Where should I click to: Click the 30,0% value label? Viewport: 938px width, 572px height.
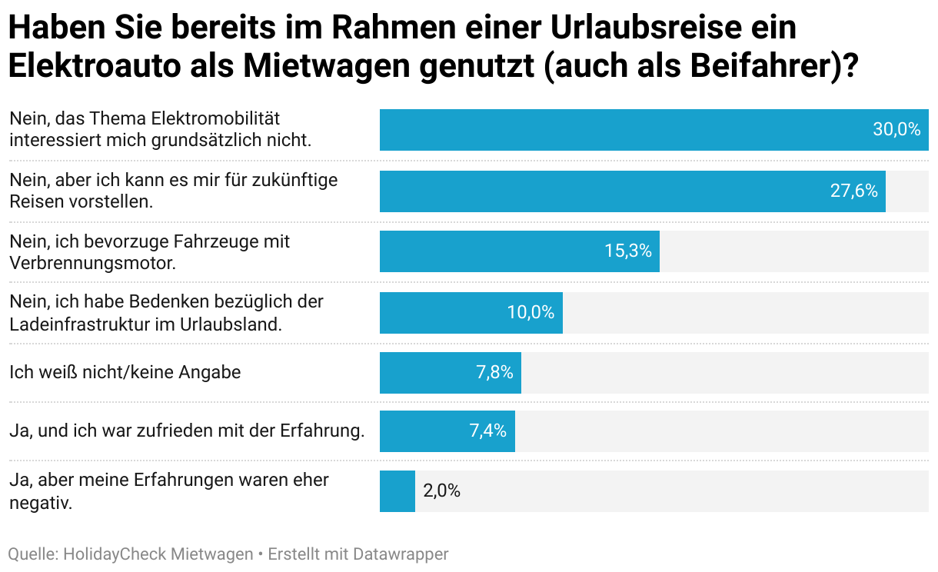[896, 129]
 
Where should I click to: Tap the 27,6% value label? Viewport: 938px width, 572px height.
[854, 191]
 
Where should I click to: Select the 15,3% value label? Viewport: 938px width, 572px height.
[628, 251]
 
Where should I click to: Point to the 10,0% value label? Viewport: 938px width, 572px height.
[531, 312]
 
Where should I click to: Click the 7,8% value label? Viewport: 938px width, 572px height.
[494, 373]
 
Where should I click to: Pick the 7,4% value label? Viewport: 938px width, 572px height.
[488, 431]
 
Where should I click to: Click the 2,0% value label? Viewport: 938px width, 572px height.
[441, 491]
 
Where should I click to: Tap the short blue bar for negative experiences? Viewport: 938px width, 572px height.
[397, 491]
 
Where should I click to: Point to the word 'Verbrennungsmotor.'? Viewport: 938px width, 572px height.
[93, 263]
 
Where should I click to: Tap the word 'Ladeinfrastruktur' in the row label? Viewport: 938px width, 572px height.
[80, 324]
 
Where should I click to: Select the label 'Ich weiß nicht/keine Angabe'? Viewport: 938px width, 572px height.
[125, 373]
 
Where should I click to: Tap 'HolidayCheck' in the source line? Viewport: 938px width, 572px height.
[115, 554]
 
